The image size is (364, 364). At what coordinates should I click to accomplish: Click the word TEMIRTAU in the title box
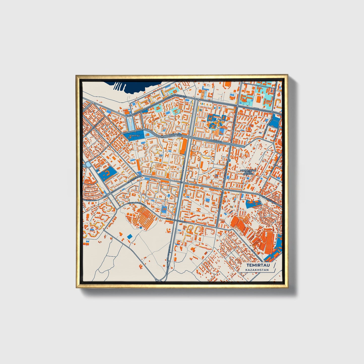pos(256,265)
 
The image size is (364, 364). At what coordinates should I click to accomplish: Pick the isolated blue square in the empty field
pos(130,236)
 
